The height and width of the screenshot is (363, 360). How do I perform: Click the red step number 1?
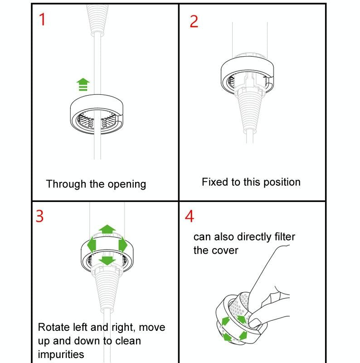[x=42, y=20]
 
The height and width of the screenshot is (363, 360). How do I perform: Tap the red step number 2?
[x=194, y=21]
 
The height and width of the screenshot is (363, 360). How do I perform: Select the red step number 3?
[x=40, y=216]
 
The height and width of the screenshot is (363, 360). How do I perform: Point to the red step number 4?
[x=190, y=216]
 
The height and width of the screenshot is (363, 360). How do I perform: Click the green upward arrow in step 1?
[x=83, y=84]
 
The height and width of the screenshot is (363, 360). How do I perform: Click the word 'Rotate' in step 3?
[x=54, y=327]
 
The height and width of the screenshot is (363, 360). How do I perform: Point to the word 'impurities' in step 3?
[x=61, y=354]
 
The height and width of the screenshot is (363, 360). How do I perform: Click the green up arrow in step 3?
[x=107, y=229]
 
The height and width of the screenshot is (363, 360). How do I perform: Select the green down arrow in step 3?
[x=107, y=260]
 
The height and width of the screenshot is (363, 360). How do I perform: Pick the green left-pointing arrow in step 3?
[x=92, y=245]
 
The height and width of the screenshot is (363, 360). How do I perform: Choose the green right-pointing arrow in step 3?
[x=123, y=245]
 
